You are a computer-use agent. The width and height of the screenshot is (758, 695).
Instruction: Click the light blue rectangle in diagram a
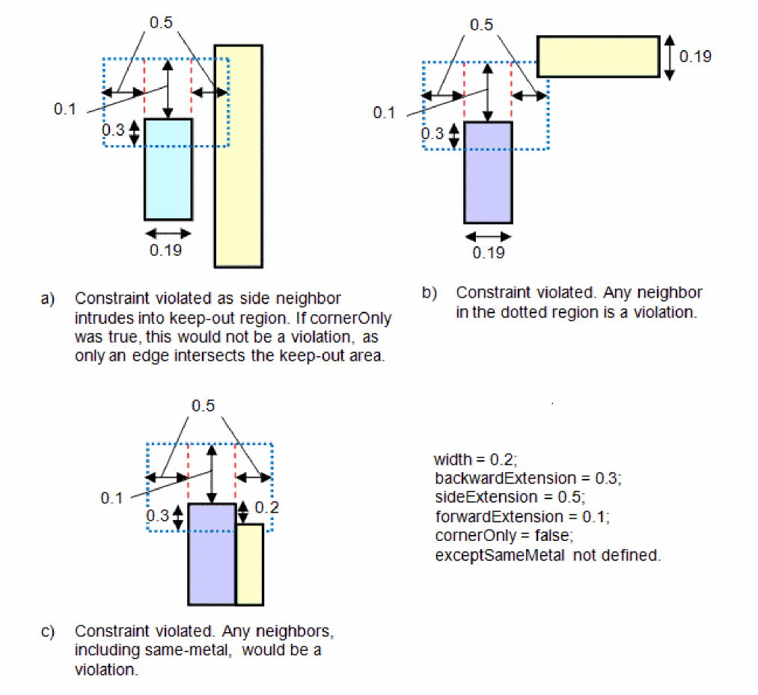point(168,169)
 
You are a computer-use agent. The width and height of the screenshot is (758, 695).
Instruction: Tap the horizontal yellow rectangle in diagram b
point(598,56)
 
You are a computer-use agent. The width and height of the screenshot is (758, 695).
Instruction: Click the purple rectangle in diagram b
point(488,173)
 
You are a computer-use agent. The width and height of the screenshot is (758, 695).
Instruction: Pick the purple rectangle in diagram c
point(212,554)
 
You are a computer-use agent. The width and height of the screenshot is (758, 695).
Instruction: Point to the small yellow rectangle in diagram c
point(249,564)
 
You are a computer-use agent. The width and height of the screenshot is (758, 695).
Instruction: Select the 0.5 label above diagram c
point(203,406)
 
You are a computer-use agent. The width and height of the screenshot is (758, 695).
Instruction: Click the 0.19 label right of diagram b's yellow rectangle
point(695,56)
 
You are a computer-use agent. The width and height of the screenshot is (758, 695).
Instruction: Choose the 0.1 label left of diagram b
point(384,113)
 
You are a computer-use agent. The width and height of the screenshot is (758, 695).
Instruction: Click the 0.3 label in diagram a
point(113,129)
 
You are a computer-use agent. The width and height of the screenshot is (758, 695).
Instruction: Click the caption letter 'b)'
point(429,293)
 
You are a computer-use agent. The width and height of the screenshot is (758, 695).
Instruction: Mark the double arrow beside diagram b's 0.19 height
point(670,57)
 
